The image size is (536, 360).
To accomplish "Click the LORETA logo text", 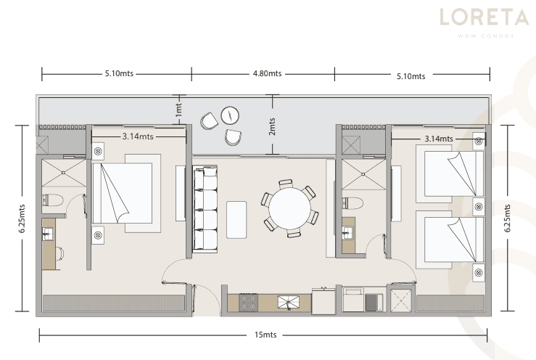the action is pyautogui.click(x=484, y=17).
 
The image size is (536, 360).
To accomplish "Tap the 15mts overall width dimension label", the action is pyautogui.click(x=265, y=335).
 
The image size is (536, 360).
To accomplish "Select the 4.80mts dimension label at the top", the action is pyautogui.click(x=268, y=73).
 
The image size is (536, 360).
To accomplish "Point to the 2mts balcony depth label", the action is pyautogui.click(x=272, y=126).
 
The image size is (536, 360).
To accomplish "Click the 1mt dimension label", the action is pyautogui.click(x=178, y=110).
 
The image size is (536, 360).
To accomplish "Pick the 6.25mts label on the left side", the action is pyautogui.click(x=22, y=218).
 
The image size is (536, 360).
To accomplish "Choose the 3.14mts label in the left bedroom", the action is pyautogui.click(x=138, y=136).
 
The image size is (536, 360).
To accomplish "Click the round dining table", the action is pyautogui.click(x=289, y=208).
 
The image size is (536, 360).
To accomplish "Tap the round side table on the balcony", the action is pyautogui.click(x=230, y=115).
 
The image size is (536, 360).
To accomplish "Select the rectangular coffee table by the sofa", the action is pyautogui.click(x=236, y=220).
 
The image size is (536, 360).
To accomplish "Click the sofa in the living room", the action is pyautogui.click(x=205, y=210).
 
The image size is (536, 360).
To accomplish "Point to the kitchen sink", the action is pyautogui.click(x=288, y=302).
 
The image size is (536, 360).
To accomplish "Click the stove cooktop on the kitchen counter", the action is pyautogui.click(x=249, y=303).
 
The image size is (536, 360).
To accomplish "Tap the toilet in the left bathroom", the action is pyautogui.click(x=52, y=200).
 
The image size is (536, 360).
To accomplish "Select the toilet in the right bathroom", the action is pyautogui.click(x=352, y=203).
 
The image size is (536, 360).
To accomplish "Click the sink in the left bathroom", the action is pyautogui.click(x=48, y=234).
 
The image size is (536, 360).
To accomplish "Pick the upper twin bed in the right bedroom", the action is pyautogui.click(x=450, y=174).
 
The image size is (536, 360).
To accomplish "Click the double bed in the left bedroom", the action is pyautogui.click(x=126, y=193).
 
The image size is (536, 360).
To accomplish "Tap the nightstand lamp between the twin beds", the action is pyautogui.click(x=479, y=206).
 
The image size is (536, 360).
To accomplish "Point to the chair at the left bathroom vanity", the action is pyautogui.click(x=59, y=253).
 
